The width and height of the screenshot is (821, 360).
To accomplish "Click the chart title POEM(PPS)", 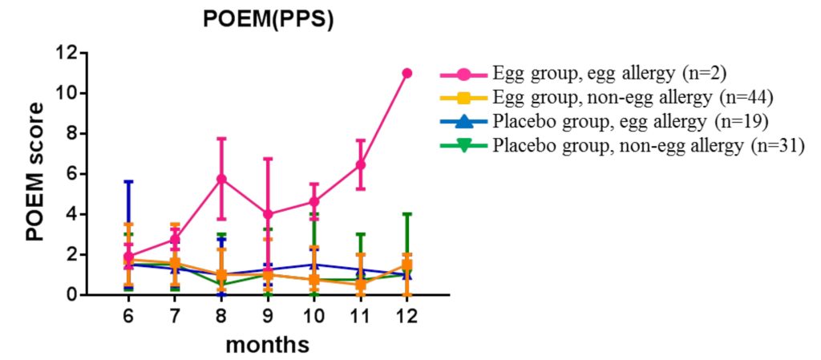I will pyautogui.click(x=268, y=21).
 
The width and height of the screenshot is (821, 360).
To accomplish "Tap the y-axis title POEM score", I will pyautogui.click(x=34, y=174).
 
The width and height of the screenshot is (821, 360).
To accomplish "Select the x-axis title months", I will pyautogui.click(x=267, y=346).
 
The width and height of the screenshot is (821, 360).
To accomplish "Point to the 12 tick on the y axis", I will pyautogui.click(x=66, y=53).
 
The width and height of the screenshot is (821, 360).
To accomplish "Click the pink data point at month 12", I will pyautogui.click(x=406, y=73).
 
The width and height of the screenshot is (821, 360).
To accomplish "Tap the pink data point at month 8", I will pyautogui.click(x=221, y=179).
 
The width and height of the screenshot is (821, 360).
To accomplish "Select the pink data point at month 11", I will pyautogui.click(x=361, y=164).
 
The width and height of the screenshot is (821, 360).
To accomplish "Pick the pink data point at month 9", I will pyautogui.click(x=268, y=214).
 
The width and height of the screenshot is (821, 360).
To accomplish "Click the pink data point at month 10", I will pyautogui.click(x=314, y=201).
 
